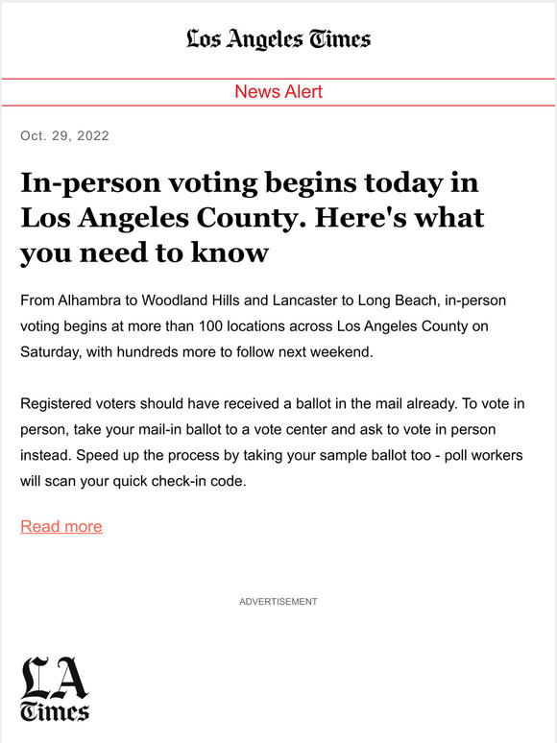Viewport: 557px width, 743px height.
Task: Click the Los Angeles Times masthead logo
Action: (x=278, y=39)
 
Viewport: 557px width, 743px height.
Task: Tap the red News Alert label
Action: (x=278, y=92)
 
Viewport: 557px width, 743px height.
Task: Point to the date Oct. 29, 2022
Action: (x=64, y=136)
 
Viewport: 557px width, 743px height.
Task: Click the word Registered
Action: (x=58, y=403)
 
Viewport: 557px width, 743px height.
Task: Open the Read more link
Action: (x=61, y=526)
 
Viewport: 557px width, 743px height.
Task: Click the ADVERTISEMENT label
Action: (x=278, y=602)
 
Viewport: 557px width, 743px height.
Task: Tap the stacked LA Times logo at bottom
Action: (x=55, y=688)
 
